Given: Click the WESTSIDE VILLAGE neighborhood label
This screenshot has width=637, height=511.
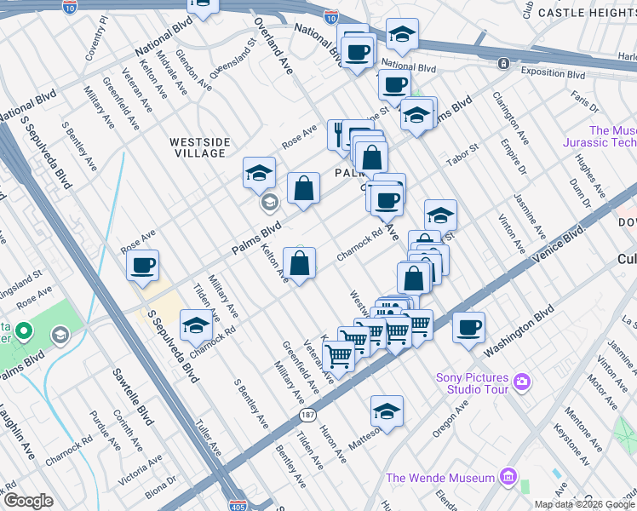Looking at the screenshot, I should [x=198, y=147].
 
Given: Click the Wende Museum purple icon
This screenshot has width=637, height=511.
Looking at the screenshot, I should [x=509, y=475].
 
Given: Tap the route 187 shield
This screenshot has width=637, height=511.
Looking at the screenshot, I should [x=307, y=415].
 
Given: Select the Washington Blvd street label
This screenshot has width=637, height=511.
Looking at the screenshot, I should [x=514, y=338].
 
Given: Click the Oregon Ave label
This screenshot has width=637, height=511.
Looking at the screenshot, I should [x=449, y=420].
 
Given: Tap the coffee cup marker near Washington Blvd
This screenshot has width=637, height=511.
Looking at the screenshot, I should [x=468, y=328].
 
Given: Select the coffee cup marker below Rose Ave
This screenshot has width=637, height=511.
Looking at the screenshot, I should [x=143, y=265].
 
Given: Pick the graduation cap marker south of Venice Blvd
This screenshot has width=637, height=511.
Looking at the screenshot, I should [x=387, y=412].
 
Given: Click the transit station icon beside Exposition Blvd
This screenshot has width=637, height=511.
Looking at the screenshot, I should [x=504, y=63].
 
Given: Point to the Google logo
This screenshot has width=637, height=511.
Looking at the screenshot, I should [x=28, y=501].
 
